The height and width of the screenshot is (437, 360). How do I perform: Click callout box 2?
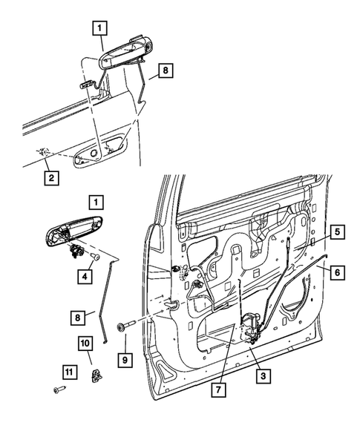pyautogui.click(x=50, y=178)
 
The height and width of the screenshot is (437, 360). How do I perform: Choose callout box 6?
pyautogui.click(x=336, y=272)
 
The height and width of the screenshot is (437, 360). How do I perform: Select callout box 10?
pyautogui.click(x=85, y=344)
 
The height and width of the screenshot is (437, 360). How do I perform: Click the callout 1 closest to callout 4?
pyautogui.click(x=95, y=201)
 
